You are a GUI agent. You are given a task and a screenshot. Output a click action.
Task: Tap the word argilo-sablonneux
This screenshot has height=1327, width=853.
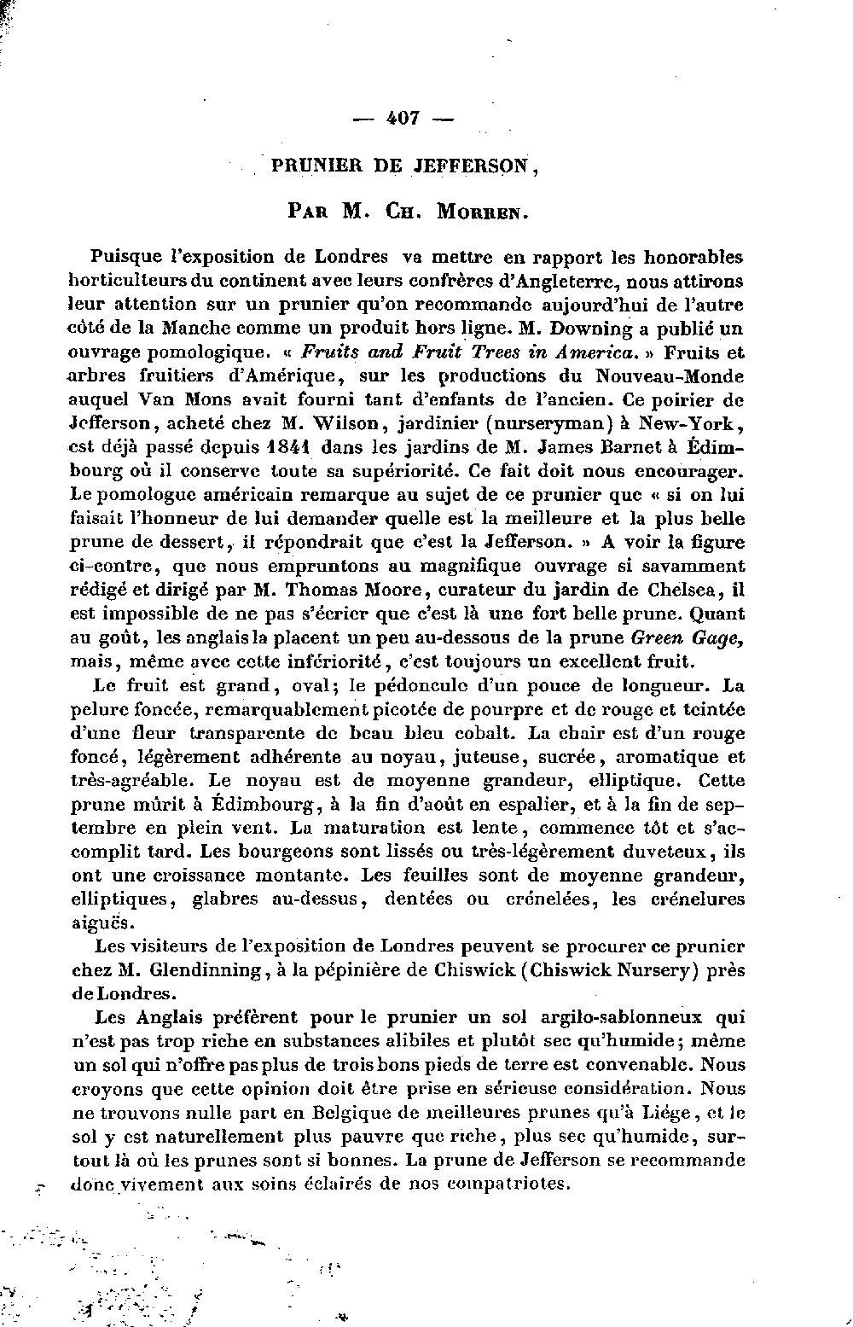click(x=622, y=1017)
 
